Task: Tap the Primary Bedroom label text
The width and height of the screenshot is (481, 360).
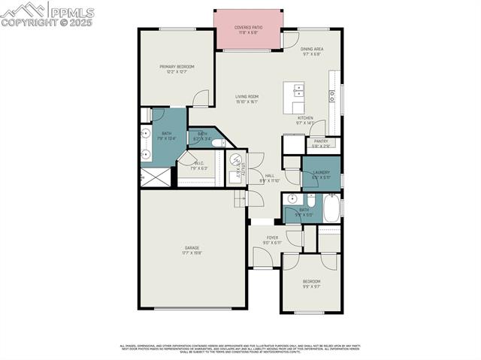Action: [x=177, y=67]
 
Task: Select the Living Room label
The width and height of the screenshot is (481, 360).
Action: [x=247, y=96]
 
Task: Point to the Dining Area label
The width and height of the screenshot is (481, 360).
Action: [x=311, y=49]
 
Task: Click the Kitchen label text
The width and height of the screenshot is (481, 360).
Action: [x=305, y=118]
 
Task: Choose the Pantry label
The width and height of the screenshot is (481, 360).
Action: [x=321, y=141]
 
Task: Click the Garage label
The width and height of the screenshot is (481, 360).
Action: [x=192, y=247]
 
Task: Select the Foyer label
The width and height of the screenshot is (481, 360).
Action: [x=273, y=238]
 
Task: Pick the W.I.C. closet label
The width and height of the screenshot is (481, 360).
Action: [x=199, y=163]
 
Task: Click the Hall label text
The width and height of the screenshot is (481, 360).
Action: [x=269, y=176]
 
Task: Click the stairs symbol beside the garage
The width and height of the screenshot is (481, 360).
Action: [x=240, y=198]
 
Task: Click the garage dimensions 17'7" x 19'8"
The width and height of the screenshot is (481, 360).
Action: [x=192, y=253]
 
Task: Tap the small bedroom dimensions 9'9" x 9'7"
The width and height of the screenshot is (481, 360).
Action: [x=310, y=287]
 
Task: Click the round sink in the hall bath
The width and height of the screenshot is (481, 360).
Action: [x=292, y=199]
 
